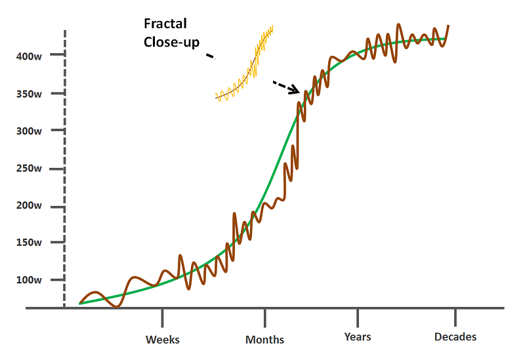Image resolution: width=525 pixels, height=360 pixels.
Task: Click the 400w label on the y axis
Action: pyautogui.click(x=30, y=56)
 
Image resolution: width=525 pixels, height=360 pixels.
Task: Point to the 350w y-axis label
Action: pyautogui.click(x=30, y=94)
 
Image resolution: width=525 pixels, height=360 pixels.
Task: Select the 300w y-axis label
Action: pyautogui.click(x=30, y=131)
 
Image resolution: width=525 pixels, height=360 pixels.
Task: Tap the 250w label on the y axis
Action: pyautogui.click(x=30, y=169)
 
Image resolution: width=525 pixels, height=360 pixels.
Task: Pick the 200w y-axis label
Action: pyautogui.click(x=30, y=206)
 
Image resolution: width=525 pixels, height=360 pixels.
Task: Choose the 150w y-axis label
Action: pyautogui.click(x=30, y=243)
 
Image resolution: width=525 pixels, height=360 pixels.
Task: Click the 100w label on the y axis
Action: pyautogui.click(x=30, y=280)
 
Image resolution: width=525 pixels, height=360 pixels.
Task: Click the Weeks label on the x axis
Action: pyautogui.click(x=162, y=339)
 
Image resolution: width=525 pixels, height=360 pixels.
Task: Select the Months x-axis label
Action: pyautogui.click(x=265, y=339)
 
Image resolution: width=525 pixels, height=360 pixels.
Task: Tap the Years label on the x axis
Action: pyautogui.click(x=358, y=337)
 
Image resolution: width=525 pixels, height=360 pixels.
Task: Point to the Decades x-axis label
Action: pyautogui.click(x=455, y=337)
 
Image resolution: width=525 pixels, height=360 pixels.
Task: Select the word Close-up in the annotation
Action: pyautogui.click(x=172, y=43)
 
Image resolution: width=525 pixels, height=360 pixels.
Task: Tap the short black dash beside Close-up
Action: pyautogui.click(x=210, y=57)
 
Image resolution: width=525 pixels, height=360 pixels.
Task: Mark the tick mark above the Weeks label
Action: pyautogui.click(x=162, y=317)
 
